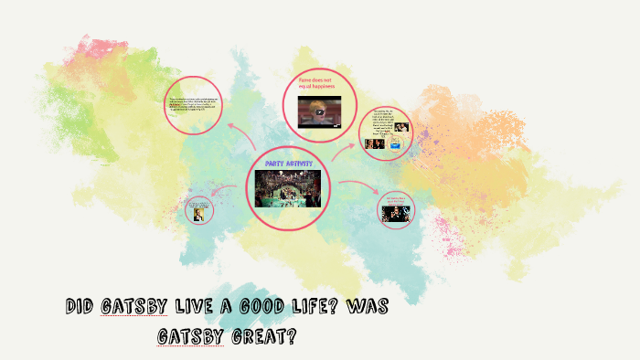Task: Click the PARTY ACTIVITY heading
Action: [289, 163]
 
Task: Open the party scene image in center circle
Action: [289, 187]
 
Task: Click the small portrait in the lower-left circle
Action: [198, 215]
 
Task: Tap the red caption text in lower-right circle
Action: [395, 200]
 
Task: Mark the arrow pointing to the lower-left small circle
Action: [225, 198]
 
